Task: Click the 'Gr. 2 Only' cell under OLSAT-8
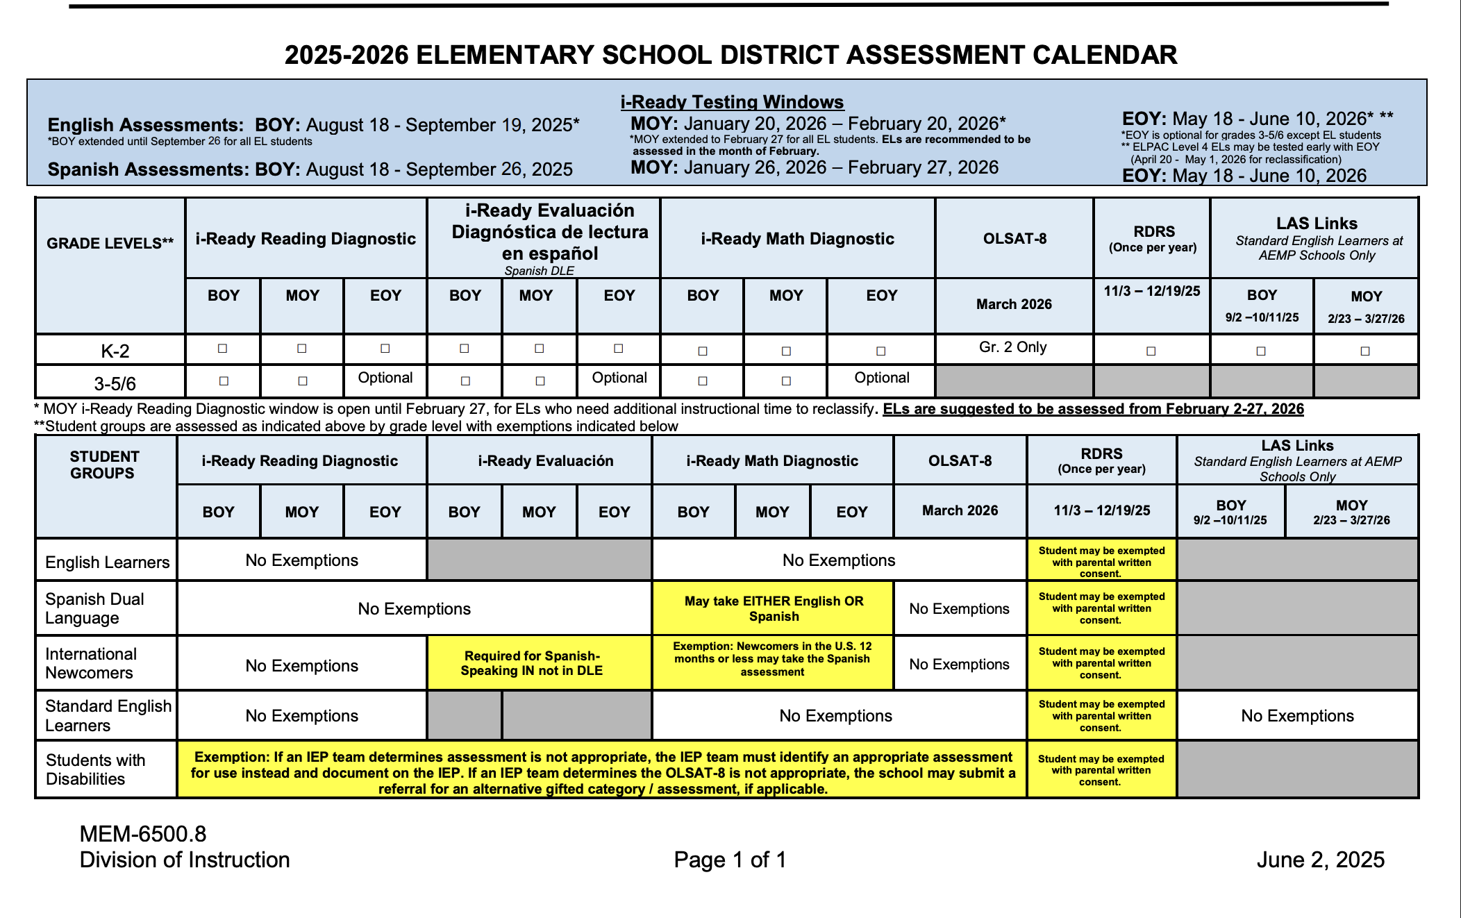[x=1012, y=347]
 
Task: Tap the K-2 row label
[x=115, y=351]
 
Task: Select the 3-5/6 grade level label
[x=115, y=383]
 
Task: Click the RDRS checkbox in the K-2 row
[x=1151, y=351]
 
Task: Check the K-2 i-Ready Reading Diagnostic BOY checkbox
[x=223, y=348]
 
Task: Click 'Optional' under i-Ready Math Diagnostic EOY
[x=881, y=378]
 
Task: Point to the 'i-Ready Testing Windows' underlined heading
[x=732, y=102]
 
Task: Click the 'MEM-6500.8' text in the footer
[x=143, y=833]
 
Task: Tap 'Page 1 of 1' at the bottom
[x=730, y=860]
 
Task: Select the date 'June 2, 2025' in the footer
[x=1320, y=860]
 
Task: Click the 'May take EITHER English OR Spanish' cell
[x=774, y=608]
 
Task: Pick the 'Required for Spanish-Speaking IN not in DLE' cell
[x=532, y=663]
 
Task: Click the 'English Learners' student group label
[x=107, y=562]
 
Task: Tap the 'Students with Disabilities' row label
[x=96, y=769]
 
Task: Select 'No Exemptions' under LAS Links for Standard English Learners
[x=1297, y=716]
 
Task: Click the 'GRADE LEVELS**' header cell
[x=110, y=243]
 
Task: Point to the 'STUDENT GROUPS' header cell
[x=104, y=465]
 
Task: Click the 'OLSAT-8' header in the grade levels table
[x=1015, y=238]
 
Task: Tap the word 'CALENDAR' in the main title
[x=1104, y=55]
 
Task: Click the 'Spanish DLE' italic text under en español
[x=539, y=271]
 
